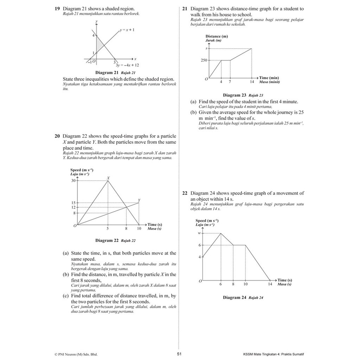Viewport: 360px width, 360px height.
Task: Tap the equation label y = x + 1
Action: point(127,30)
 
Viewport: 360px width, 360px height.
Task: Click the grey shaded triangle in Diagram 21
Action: point(99,44)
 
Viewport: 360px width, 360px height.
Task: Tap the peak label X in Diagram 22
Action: point(108,178)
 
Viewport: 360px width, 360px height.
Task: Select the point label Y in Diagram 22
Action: point(139,200)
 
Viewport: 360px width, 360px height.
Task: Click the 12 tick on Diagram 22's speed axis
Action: point(73,207)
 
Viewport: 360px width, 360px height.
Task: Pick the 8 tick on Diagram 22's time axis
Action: point(126,229)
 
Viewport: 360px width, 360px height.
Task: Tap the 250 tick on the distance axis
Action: point(204,60)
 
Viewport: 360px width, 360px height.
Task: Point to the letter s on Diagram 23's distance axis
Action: point(206,48)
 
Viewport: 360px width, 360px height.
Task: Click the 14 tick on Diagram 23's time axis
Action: point(251,82)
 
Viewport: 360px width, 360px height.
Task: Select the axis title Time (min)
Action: point(269,78)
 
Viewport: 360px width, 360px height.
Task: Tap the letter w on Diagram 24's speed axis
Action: point(199,233)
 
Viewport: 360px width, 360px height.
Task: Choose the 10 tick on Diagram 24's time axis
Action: point(245,284)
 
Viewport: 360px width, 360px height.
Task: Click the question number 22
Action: point(185,193)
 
